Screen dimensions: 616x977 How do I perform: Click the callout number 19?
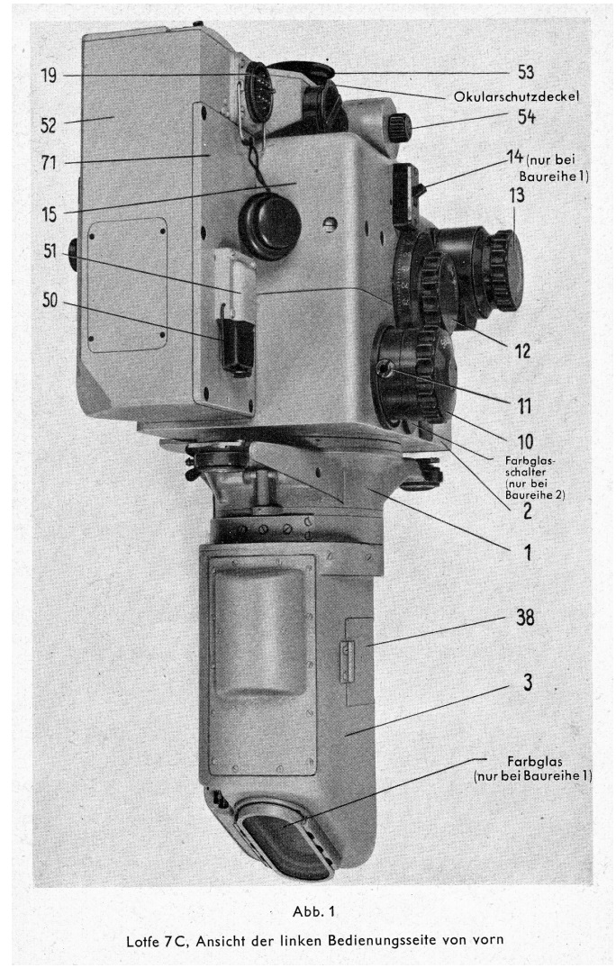[x=49, y=76]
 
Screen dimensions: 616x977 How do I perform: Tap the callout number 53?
[x=526, y=72]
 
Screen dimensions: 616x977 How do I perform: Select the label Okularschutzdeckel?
[x=516, y=96]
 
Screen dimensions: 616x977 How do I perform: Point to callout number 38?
[x=525, y=618]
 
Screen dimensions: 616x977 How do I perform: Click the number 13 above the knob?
[x=517, y=195]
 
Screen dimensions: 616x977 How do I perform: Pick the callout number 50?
[x=50, y=301]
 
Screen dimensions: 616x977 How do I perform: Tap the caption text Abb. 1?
[x=313, y=911]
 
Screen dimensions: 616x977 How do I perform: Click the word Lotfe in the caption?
[x=143, y=941]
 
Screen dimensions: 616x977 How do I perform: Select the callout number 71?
[x=49, y=163]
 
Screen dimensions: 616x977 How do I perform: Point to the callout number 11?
[x=524, y=406]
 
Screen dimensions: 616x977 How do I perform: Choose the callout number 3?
[x=528, y=683]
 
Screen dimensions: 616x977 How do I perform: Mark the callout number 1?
[x=528, y=552]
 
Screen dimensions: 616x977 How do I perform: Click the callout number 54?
[x=526, y=116]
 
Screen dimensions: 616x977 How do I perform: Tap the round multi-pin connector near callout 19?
[x=258, y=92]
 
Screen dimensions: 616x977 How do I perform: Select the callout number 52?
[x=49, y=125]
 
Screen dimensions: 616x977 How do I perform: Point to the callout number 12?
[x=522, y=351]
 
